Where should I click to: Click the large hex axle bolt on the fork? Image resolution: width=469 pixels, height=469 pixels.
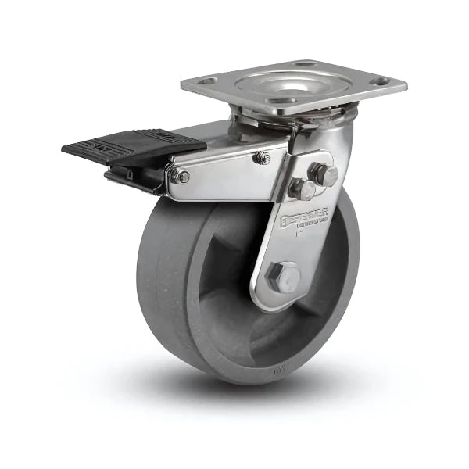tap(282, 276)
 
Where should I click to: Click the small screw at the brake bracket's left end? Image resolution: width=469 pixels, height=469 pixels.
tap(181, 177)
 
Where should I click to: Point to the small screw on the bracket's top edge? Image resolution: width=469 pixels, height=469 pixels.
tap(262, 158)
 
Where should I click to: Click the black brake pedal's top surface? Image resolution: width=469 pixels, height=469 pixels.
tap(133, 144)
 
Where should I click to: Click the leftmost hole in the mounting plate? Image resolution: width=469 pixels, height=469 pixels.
tap(207, 81)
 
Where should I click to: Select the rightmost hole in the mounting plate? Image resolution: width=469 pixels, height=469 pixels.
tap(381, 81)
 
